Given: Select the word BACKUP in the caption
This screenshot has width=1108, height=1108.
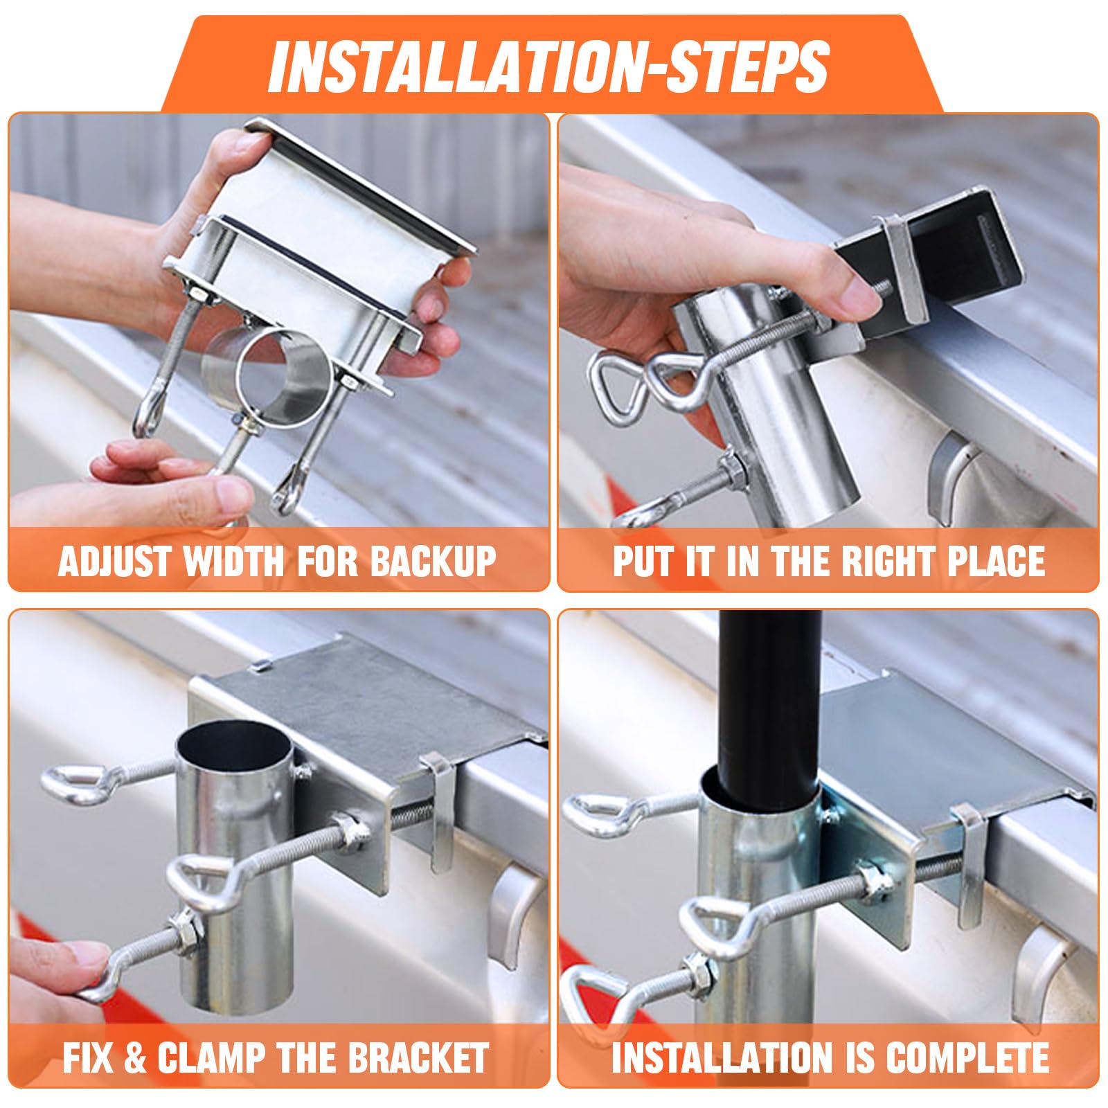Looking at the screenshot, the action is click(x=433, y=562).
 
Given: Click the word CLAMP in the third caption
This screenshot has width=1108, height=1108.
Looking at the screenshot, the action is click(x=211, y=1057).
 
